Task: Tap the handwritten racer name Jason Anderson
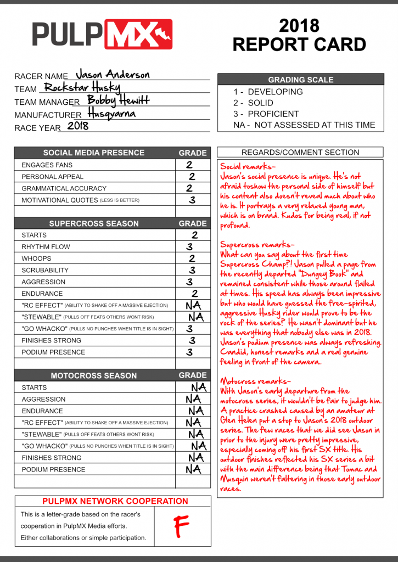(112, 74)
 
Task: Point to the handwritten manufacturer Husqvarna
(111, 114)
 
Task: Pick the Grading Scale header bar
(300, 80)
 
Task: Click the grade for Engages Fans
(189, 164)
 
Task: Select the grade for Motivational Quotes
(192, 200)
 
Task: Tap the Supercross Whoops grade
(192, 258)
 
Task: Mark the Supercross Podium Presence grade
(189, 352)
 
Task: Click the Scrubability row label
(45, 270)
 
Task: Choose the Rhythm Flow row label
(46, 247)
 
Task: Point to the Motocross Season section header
(94, 375)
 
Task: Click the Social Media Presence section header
(94, 153)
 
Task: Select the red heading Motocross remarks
(255, 381)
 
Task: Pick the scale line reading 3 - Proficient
(266, 114)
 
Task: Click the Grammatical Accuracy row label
(64, 188)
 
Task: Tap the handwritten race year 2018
(77, 126)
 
